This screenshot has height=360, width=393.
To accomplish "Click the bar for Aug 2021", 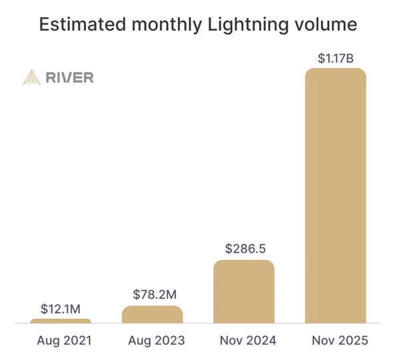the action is point(61,321).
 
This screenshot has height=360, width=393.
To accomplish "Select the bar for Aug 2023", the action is point(153,315).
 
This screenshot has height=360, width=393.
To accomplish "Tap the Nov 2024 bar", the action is point(244,291).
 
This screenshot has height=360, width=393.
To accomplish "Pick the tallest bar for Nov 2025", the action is point(336,196).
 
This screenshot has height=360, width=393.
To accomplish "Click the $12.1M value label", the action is point(61,309).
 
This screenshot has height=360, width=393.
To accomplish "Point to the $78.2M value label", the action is point(155,294).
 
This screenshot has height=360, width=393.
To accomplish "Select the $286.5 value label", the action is point(245,249).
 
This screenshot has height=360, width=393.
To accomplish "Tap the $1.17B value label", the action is point(336,58).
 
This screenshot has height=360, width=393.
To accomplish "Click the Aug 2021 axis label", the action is point(65,341).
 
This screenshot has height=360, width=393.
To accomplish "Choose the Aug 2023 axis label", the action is point(157,341).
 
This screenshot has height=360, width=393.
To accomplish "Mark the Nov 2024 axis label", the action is point(248,341).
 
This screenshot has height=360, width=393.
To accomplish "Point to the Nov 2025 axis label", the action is point(340,341).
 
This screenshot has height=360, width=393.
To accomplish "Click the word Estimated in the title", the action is point(83,25).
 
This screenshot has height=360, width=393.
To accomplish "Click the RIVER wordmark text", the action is point(70,77).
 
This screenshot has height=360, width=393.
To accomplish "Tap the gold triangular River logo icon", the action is point(31,77).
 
